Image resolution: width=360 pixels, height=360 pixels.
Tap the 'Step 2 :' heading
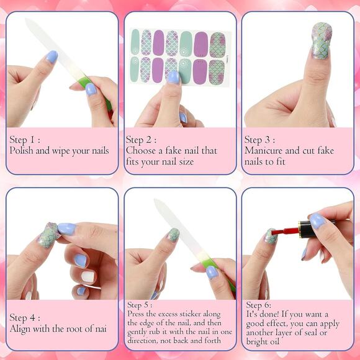[x=142, y=140]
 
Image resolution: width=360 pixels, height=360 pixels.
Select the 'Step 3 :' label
[x=261, y=140]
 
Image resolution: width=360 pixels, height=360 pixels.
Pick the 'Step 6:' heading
[x=259, y=305]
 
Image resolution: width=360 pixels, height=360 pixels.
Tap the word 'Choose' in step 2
[x=141, y=150]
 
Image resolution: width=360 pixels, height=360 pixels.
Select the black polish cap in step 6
[x=310, y=227]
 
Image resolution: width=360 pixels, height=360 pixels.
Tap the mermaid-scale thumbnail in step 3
[x=321, y=40]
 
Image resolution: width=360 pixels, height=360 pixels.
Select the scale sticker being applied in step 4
[x=49, y=236]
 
